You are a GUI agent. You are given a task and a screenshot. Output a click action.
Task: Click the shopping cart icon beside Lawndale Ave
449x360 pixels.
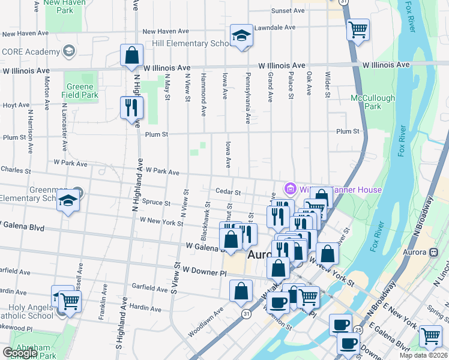(x=358, y=29)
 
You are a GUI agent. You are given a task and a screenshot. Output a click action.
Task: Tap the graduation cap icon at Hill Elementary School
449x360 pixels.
(x=241, y=36)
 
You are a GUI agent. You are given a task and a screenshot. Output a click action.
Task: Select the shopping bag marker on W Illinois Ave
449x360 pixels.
(x=131, y=55)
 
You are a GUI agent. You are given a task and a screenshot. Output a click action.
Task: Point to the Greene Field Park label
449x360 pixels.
(x=80, y=89)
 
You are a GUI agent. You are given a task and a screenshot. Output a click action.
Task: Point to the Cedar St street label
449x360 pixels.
(x=228, y=193)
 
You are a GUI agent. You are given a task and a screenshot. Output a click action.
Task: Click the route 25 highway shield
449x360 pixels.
(x=358, y=329)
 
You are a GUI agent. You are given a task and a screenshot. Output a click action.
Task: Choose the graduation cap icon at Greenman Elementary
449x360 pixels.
(x=68, y=200)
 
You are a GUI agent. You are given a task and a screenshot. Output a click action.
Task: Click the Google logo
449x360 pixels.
(x=20, y=353)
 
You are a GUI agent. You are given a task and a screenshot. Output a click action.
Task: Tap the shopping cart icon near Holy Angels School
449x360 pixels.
(x=70, y=301)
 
